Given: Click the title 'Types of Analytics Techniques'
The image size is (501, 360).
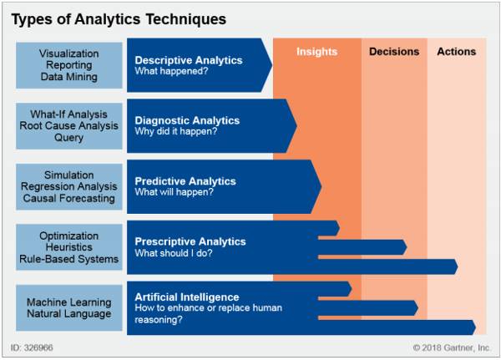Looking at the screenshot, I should click(119, 18).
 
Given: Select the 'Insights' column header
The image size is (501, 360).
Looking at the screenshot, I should click(316, 52).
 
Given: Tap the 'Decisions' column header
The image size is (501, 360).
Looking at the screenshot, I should click(394, 52).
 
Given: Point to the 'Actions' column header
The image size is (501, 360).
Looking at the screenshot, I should click(456, 52).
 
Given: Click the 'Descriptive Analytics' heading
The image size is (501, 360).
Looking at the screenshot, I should click(189, 60).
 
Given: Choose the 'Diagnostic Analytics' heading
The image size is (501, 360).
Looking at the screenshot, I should click(186, 120).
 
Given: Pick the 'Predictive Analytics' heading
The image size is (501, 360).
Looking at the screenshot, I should click(185, 181).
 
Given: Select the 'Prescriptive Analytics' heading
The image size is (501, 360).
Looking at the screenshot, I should click(190, 241).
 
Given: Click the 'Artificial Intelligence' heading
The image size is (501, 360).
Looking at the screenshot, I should click(187, 297).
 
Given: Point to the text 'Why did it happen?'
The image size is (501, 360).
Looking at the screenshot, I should click(178, 132).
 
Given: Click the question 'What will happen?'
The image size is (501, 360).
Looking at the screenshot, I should click(174, 192).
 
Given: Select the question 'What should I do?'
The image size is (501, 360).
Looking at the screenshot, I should click(174, 253).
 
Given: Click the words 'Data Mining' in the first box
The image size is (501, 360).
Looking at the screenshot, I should click(68, 77).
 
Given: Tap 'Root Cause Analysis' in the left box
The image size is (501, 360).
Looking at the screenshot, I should click(68, 126).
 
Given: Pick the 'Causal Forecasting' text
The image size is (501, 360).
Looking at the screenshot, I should click(68, 198).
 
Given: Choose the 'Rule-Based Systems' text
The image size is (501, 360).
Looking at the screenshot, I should click(68, 259).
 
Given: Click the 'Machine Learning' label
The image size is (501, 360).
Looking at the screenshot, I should click(68, 302).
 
